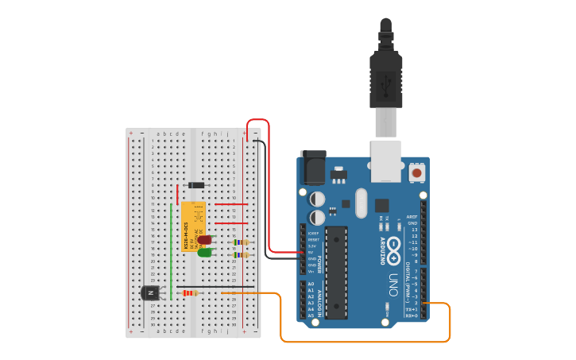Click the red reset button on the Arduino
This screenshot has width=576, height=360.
click(x=417, y=172)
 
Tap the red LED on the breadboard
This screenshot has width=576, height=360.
click(x=204, y=239)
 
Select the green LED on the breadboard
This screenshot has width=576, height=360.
click(x=204, y=253)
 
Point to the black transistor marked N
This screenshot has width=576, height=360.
click(x=150, y=293)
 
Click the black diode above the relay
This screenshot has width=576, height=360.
click(x=195, y=185)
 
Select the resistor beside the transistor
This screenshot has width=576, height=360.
click(x=190, y=293)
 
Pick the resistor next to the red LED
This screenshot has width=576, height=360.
click(x=241, y=242)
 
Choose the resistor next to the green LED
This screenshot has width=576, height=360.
click(x=241, y=255)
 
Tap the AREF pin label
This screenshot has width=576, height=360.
click(x=412, y=216)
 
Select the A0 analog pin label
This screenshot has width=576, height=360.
click(x=311, y=284)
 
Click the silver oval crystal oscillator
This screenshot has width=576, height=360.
click(x=361, y=203)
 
